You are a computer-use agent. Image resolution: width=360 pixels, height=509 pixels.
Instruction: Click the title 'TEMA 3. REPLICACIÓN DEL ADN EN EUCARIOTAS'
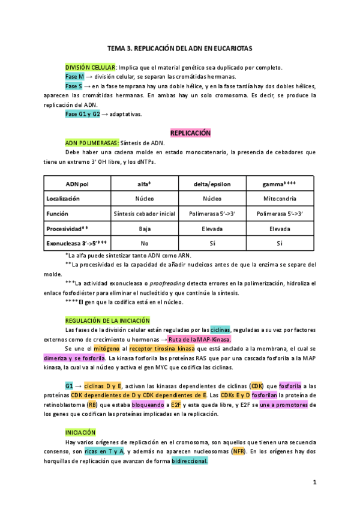coord(179,47)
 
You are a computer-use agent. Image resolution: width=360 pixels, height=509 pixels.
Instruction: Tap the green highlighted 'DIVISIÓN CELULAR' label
coord(91,67)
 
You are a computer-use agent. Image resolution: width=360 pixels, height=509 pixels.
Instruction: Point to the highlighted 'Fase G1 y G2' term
coord(83,114)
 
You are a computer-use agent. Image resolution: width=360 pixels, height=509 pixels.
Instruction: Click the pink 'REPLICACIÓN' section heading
coord(190,133)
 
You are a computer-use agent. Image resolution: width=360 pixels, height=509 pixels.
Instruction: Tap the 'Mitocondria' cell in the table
coord(280,198)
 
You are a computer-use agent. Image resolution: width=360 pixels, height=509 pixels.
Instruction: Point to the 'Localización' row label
coord(63,198)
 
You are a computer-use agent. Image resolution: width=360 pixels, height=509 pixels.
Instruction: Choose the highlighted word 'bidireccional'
coord(190,461)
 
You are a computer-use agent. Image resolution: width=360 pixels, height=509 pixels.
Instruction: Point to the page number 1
coord(314,482)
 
